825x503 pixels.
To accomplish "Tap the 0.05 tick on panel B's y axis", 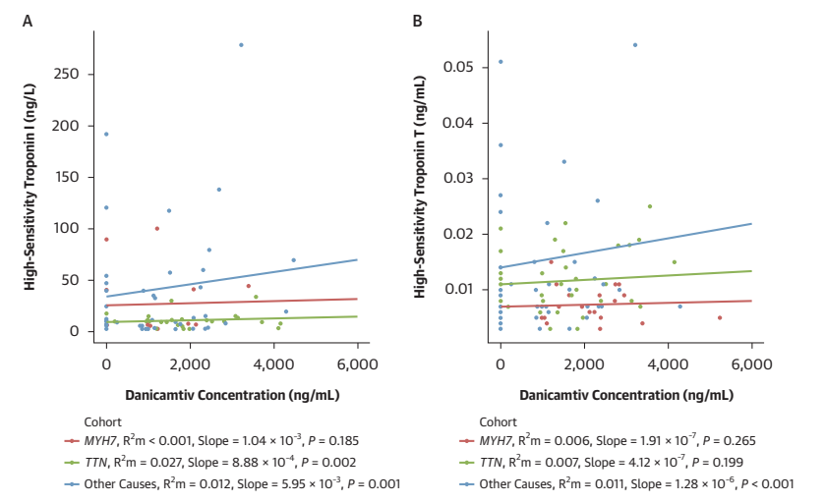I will coord(463,67).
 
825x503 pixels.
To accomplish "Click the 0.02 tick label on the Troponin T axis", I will coord(463,234).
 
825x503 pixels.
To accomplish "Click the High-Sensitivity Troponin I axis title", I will coord(30,187).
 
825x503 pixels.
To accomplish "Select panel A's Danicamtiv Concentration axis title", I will coord(232,395).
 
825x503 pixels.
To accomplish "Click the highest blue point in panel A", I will coord(241,44).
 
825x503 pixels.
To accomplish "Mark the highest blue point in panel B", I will coord(634,44).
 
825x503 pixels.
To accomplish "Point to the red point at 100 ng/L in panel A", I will coord(156,228).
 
